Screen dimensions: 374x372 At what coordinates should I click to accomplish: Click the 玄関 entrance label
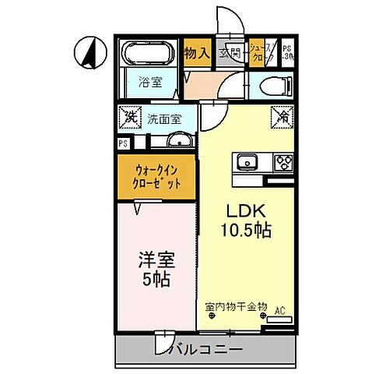click(230, 53)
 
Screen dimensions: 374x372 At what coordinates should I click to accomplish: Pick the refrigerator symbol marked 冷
click(280, 118)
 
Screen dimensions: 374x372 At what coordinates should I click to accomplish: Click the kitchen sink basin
click(247, 162)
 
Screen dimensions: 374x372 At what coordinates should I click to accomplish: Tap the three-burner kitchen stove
click(281, 162)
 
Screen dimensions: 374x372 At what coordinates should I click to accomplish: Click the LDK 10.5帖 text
click(248, 221)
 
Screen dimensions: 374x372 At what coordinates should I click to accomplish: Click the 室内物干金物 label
click(237, 306)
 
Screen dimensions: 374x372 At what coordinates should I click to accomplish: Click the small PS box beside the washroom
click(122, 143)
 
